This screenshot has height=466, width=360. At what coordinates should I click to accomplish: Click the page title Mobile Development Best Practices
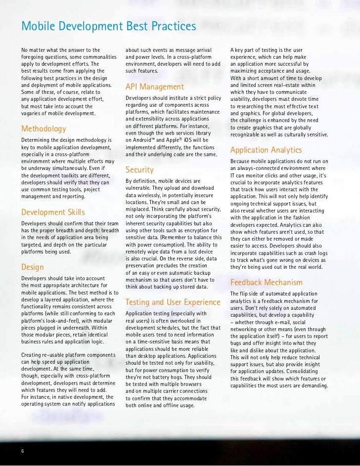point(108,25)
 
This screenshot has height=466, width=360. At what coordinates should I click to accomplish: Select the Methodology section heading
point(44,129)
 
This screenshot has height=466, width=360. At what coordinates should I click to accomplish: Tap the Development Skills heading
point(53,212)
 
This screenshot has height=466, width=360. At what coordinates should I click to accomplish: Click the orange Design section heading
point(32,267)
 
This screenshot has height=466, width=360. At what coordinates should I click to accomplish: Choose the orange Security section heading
point(139,170)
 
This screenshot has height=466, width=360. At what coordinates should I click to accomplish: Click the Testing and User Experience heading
point(173,302)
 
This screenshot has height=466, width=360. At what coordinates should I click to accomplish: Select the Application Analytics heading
point(266,150)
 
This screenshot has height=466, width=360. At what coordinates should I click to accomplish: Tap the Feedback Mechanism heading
point(266,283)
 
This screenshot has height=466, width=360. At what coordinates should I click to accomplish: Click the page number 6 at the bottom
point(23,451)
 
